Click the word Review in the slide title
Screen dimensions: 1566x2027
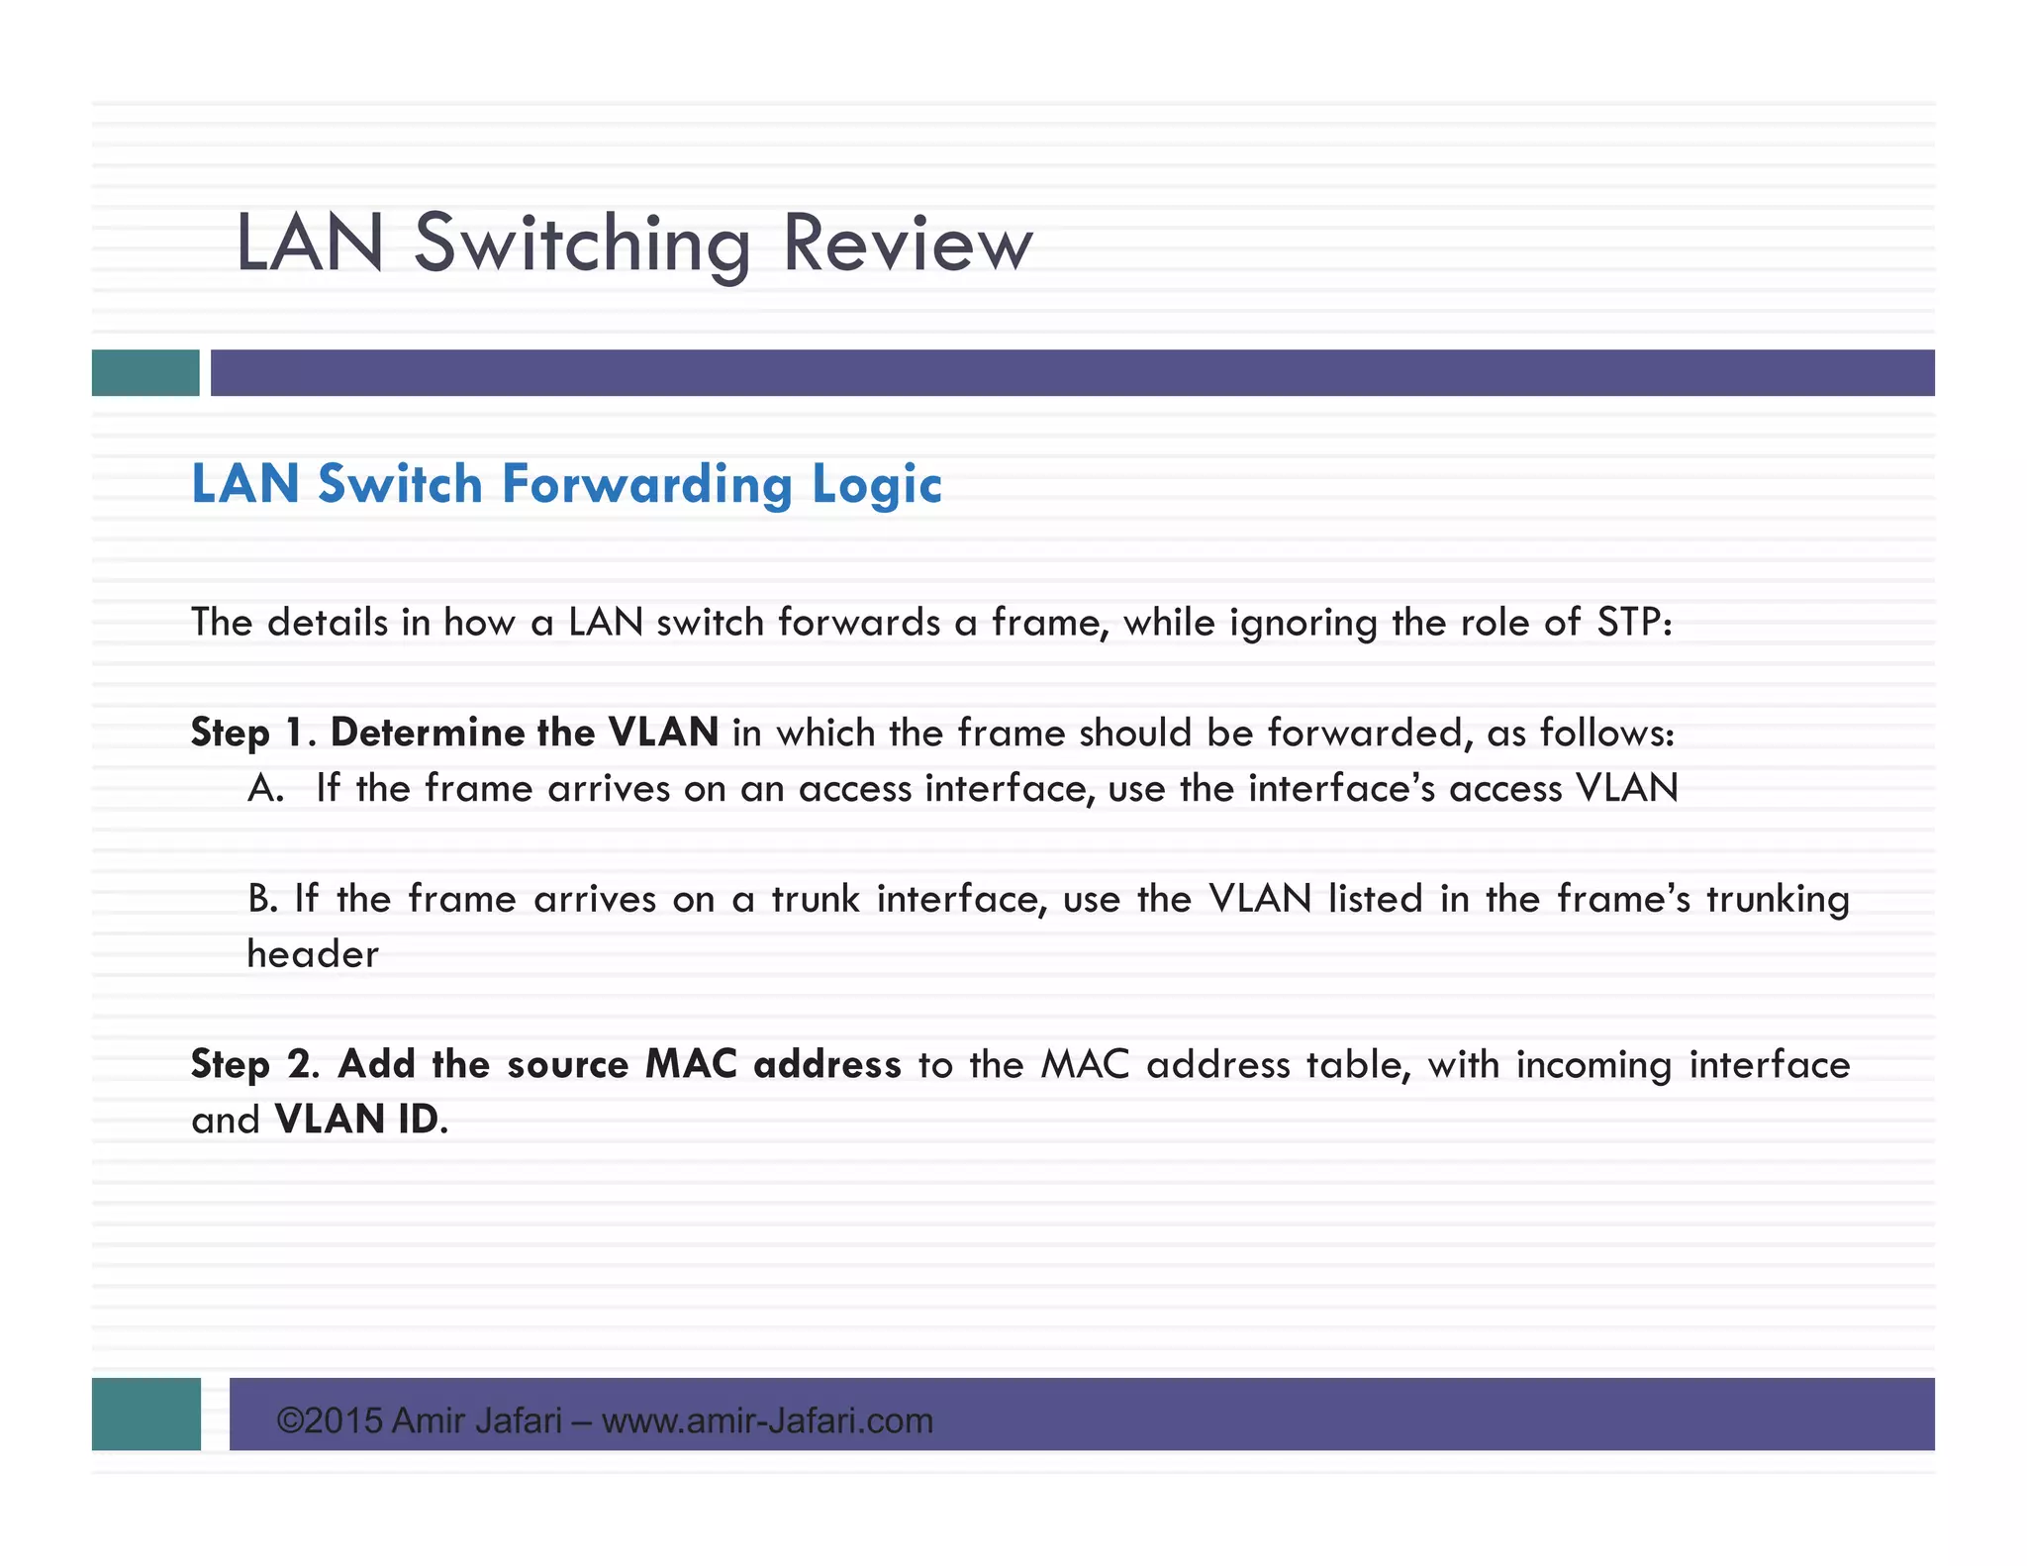tap(907, 244)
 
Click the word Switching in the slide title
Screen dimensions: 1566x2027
tap(582, 244)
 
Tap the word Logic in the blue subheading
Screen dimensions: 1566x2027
tap(876, 485)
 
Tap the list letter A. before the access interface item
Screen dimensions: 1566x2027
tap(265, 789)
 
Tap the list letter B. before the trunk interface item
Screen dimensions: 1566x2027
tap(262, 899)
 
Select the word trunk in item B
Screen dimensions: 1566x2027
tap(816, 899)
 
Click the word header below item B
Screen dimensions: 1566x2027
tap(313, 954)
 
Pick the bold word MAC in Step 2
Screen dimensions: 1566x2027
tap(691, 1064)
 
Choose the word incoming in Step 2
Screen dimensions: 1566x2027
tap(1593, 1065)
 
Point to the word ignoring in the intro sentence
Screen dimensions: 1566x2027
tap(1303, 623)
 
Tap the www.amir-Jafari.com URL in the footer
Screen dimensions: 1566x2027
tap(767, 1420)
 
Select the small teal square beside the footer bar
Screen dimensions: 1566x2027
tap(146, 1414)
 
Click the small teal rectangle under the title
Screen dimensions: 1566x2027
tap(145, 373)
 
